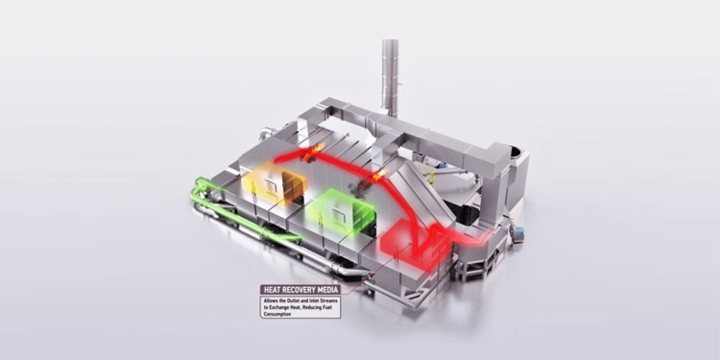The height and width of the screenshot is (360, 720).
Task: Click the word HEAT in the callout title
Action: tap(271, 290)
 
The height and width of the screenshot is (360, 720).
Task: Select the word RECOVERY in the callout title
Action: tap(298, 290)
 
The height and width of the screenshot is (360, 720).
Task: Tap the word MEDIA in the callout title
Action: tap(328, 290)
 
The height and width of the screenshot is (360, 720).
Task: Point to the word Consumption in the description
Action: tap(277, 315)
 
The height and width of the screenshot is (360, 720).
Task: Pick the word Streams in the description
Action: tap(328, 300)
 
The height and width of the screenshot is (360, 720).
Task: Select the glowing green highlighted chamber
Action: tap(341, 212)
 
